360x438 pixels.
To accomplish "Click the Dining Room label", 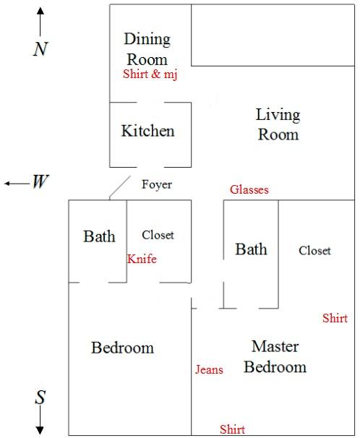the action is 147,49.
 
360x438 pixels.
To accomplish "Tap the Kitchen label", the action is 147,131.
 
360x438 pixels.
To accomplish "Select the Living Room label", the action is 278,124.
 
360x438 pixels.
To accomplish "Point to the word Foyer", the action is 157,184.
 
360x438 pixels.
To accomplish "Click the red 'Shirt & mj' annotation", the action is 150,74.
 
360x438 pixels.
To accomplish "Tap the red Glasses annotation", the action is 249,189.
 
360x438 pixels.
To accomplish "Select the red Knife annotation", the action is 142,259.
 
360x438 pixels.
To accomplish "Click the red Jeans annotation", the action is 209,369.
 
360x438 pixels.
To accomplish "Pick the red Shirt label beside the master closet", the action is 335,318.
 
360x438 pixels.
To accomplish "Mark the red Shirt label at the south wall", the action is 232,429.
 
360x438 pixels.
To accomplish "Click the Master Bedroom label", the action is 275,356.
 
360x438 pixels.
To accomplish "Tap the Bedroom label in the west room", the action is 123,348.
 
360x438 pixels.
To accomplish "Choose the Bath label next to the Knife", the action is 99,236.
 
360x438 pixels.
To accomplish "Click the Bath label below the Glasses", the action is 251,249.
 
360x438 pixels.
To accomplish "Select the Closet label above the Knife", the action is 158,235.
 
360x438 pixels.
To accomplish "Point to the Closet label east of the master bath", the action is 314,251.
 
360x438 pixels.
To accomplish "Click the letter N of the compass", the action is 40,49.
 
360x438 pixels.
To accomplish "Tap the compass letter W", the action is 40,181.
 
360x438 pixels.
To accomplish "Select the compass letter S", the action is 40,398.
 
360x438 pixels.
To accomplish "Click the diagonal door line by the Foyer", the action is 120,186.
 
